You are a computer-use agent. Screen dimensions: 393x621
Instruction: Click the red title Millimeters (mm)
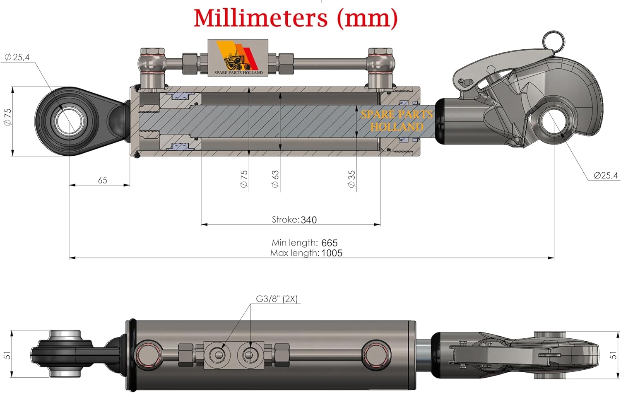[296, 19]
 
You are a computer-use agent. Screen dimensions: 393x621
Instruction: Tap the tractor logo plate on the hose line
[238, 58]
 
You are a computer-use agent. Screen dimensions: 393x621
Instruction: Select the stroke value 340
[308, 220]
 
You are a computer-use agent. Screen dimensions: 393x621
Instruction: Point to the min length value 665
[329, 243]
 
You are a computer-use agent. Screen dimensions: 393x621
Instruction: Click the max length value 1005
[332, 253]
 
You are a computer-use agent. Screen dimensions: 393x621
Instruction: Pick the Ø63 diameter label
[275, 179]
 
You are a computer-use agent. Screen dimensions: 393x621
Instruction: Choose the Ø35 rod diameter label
[351, 179]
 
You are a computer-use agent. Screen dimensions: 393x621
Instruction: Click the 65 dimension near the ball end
[102, 180]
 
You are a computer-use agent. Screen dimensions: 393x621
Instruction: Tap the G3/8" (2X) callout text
[277, 299]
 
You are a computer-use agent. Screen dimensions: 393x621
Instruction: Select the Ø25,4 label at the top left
[17, 57]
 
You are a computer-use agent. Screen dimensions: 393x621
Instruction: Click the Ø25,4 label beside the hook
[605, 176]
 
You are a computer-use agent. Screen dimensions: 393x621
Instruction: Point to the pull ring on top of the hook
[553, 40]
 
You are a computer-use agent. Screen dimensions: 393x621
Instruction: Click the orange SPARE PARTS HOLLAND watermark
[397, 121]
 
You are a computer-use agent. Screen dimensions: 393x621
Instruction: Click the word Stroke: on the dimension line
[285, 220]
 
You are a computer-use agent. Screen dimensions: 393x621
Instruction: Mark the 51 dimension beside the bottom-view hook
[613, 355]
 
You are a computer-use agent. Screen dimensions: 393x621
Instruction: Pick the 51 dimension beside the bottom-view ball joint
[7, 355]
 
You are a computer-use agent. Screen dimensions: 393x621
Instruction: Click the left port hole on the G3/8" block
[217, 354]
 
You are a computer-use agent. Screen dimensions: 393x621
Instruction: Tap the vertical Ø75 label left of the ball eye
[7, 117]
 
